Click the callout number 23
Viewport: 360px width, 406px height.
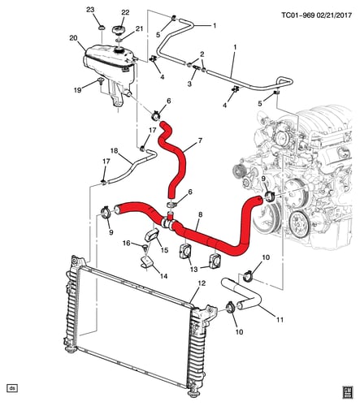coord(90,10)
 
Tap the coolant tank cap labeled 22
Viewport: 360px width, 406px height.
coord(118,29)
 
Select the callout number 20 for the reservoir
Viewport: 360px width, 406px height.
coord(73,38)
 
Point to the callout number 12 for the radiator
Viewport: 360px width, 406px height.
coord(202,283)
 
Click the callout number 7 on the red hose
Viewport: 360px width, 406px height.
coord(200,140)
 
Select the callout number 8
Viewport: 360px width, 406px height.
coord(200,214)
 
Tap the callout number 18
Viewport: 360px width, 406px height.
coord(115,150)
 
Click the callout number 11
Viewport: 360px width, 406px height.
coord(280,320)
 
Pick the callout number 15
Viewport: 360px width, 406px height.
coord(164,250)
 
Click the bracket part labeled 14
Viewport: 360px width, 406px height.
coord(147,262)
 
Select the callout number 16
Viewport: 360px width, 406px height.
coord(127,243)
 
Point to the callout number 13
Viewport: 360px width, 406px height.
coord(194,269)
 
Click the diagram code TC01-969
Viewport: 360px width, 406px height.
coord(298,15)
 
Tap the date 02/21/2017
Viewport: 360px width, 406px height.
coord(334,15)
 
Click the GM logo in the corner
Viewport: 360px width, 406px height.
coord(348,392)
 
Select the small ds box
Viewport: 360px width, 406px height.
coord(12,388)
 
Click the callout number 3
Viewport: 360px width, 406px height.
coord(189,84)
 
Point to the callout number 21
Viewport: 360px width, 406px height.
coord(139,28)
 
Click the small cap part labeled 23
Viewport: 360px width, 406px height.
coord(102,28)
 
